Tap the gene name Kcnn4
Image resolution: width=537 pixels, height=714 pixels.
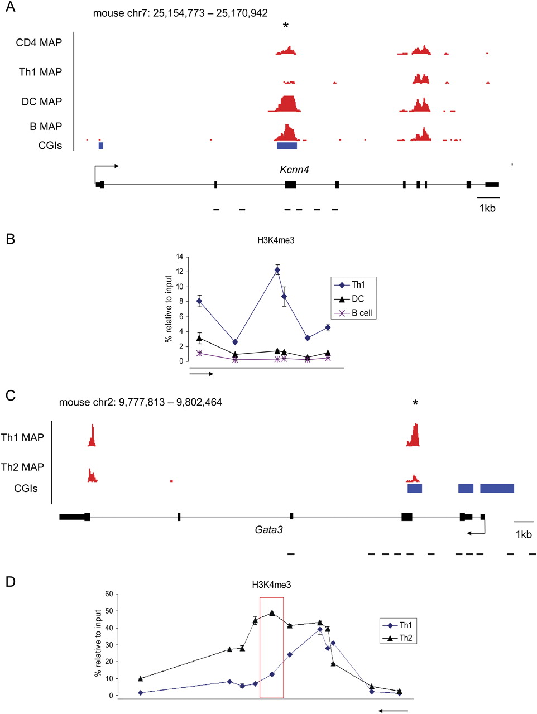294,170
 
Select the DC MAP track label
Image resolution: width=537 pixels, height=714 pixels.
42,102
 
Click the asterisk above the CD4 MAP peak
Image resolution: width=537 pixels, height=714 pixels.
286,26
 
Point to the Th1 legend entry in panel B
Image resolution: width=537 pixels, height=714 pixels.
352,285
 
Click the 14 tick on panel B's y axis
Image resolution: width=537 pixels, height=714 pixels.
179,257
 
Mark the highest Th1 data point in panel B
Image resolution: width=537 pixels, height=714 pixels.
277,270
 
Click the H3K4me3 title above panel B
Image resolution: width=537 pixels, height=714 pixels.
271,240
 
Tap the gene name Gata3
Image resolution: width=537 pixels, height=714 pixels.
268,529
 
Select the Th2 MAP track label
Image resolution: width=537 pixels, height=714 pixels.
22,467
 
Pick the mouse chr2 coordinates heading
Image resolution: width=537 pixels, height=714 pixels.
140,402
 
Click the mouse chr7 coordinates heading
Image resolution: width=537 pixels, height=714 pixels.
180,13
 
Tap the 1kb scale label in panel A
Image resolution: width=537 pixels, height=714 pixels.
487,209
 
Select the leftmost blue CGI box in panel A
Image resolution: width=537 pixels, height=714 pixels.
101,146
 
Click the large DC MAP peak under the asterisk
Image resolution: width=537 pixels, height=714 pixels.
287,104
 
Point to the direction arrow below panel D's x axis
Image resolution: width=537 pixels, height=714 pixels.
393,710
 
